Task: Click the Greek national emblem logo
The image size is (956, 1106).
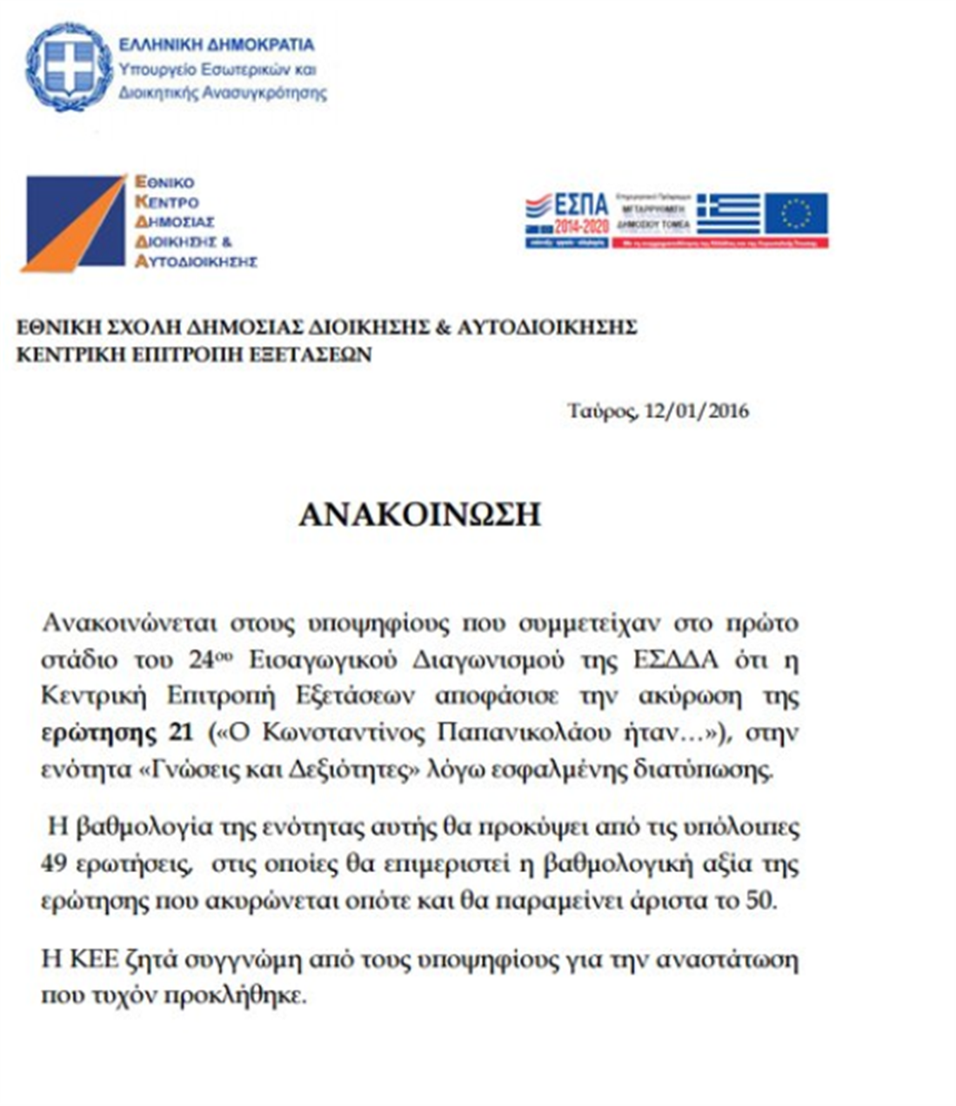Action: click(69, 67)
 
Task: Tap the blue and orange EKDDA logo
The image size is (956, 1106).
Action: click(75, 223)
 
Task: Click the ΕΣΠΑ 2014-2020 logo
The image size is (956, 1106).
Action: click(566, 219)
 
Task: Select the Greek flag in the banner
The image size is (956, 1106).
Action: click(727, 215)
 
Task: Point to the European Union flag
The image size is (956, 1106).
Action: click(795, 214)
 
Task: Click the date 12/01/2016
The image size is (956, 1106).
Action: click(696, 410)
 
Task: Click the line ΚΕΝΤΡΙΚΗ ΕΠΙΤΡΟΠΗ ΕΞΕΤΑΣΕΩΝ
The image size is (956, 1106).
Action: click(195, 355)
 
